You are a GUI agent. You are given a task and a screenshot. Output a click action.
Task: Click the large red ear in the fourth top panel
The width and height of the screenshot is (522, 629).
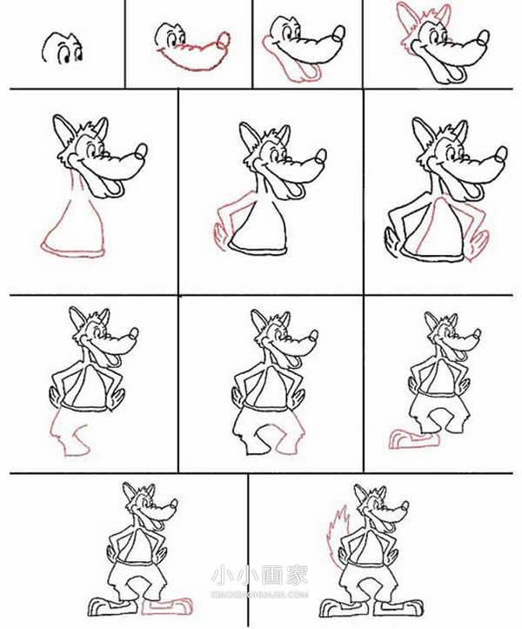click(x=405, y=19)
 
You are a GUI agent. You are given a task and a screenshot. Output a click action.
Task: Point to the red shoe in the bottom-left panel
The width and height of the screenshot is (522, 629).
click(x=167, y=606)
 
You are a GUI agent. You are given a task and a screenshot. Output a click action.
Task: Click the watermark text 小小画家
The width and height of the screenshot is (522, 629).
click(x=260, y=575)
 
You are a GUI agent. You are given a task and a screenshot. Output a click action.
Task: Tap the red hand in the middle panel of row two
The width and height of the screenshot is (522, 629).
click(x=220, y=237)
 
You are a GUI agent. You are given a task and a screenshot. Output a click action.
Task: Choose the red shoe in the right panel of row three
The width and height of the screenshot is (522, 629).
click(x=415, y=439)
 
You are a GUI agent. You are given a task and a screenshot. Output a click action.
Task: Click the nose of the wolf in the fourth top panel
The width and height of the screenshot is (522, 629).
click(x=483, y=37)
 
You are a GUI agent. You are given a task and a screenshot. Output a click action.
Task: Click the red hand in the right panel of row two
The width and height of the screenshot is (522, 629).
click(x=478, y=245)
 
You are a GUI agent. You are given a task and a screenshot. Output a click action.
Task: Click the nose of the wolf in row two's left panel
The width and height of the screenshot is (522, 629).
click(x=141, y=151)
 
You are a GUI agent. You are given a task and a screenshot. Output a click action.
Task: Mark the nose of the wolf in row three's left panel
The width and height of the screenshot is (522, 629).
click(x=134, y=332)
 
